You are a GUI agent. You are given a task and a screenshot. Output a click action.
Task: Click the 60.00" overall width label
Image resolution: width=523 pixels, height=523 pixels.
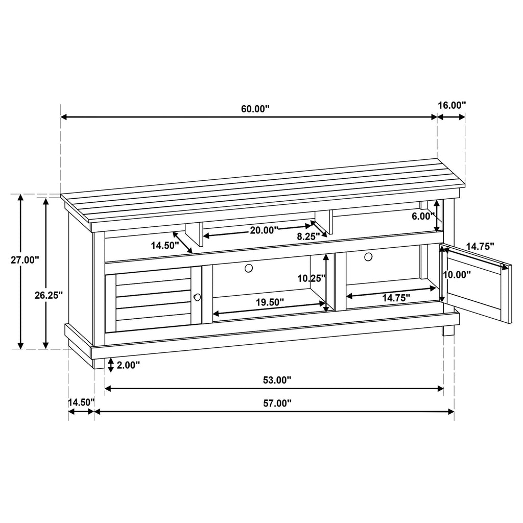[255, 109]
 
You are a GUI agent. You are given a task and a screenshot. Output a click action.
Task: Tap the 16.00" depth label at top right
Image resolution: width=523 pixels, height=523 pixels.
[452, 105]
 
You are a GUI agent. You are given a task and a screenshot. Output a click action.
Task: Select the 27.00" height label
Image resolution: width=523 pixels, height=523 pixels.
[25, 260]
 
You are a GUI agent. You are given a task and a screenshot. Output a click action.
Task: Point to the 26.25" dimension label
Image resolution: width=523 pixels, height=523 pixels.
[49, 295]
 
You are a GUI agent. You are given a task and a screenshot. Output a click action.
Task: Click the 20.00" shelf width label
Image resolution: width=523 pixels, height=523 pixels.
[264, 230]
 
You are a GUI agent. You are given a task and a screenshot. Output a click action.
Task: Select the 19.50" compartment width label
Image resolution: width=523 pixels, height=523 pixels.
[270, 302]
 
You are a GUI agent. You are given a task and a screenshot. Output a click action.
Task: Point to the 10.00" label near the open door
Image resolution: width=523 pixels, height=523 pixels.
[456, 274]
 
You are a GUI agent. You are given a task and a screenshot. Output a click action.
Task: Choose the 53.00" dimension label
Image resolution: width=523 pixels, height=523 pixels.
[277, 380]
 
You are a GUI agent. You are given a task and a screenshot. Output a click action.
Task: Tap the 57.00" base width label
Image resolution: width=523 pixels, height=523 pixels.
[277, 403]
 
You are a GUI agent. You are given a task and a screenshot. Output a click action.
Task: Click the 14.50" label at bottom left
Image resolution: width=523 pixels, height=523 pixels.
[81, 402]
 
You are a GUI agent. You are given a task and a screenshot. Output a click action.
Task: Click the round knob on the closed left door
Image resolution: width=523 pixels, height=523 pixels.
[197, 297]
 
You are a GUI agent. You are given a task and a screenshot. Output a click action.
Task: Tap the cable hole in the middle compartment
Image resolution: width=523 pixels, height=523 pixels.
[249, 268]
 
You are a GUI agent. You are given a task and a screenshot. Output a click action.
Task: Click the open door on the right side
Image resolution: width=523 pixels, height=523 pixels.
[478, 286]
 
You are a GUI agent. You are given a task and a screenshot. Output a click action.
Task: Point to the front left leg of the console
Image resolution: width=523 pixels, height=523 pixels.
[99, 363]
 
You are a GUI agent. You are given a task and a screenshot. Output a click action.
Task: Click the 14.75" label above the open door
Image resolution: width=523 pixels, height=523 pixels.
[481, 246]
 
